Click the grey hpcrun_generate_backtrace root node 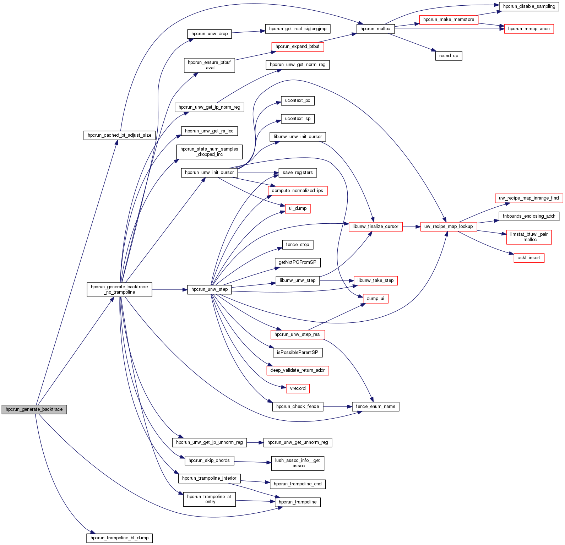pyautogui.click(x=34, y=409)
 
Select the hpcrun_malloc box pyautogui.click(x=375, y=29)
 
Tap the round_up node pyautogui.click(x=449, y=56)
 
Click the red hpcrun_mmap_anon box pyautogui.click(x=529, y=29)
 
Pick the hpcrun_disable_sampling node pyautogui.click(x=529, y=6)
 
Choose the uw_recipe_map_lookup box pyautogui.click(x=449, y=227)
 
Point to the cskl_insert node pyautogui.click(x=529, y=258)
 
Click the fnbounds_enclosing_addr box pyautogui.click(x=529, y=216)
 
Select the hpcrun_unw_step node pyautogui.click(x=210, y=289)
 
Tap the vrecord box pyautogui.click(x=298, y=388)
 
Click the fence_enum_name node pyautogui.click(x=375, y=407)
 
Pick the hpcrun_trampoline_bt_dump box pyautogui.click(x=120, y=538)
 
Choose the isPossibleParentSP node pyautogui.click(x=298, y=353)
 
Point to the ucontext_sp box pyautogui.click(x=298, y=119)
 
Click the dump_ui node pyautogui.click(x=375, y=299)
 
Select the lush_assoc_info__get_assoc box pyautogui.click(x=298, y=463)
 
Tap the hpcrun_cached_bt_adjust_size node pyautogui.click(x=120, y=135)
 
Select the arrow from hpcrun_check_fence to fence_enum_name pyautogui.click(x=337, y=407)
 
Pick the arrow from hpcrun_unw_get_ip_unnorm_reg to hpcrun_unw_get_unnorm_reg pyautogui.click(x=255, y=443)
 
